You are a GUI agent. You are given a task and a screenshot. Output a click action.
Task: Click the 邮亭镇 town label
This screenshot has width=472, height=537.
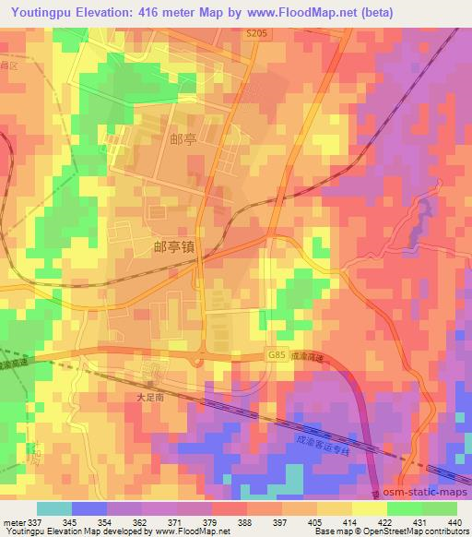(x=173, y=247)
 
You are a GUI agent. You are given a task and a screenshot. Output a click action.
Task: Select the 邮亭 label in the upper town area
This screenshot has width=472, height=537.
(x=183, y=138)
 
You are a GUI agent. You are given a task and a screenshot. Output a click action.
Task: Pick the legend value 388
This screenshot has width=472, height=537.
(x=243, y=521)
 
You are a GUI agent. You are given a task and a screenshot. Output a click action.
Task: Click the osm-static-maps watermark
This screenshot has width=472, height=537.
(x=427, y=495)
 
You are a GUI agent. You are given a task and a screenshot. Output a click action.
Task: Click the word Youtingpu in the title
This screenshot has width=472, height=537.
(x=42, y=11)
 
